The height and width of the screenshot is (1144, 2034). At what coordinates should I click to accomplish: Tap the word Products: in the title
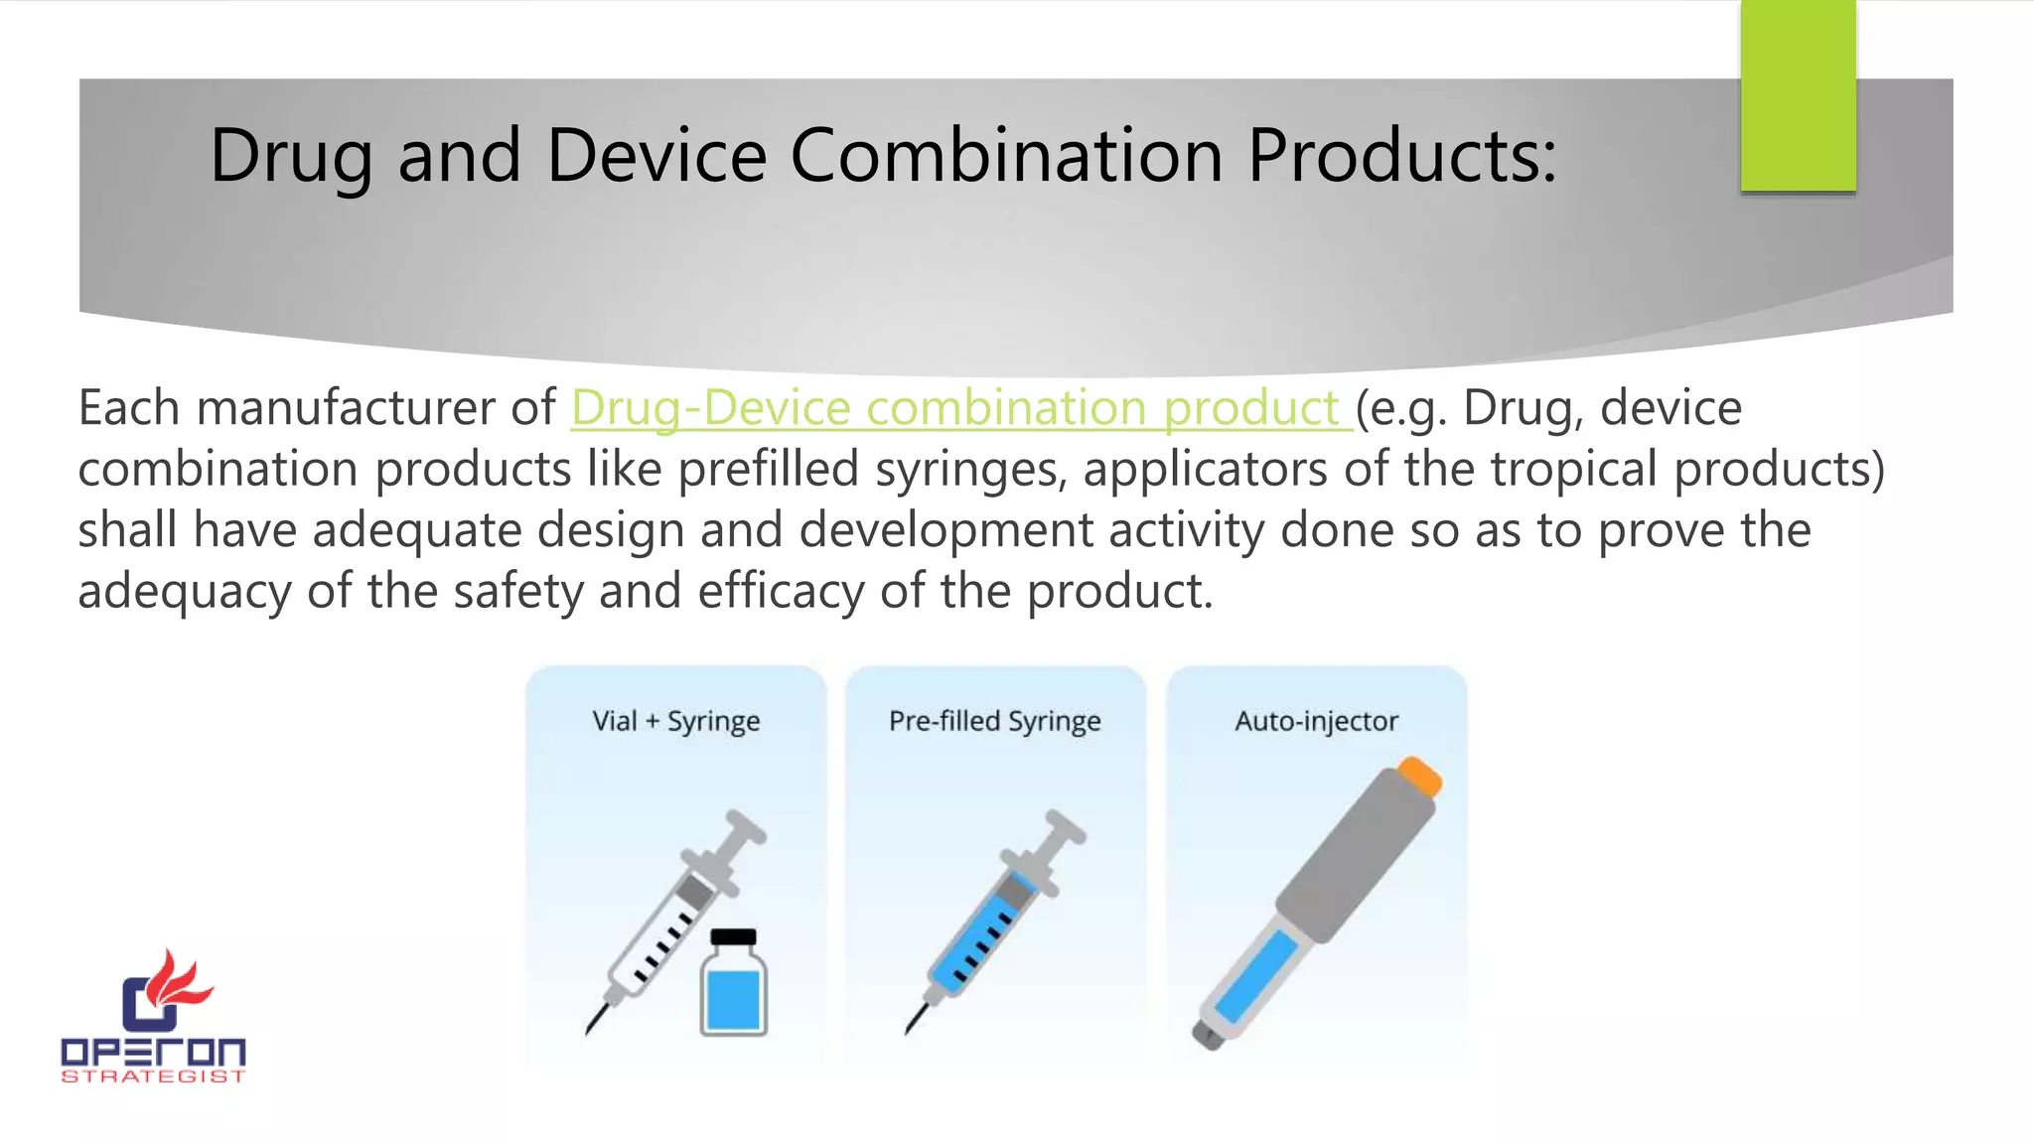click(1401, 156)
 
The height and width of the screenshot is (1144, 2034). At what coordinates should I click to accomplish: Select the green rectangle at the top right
click(1798, 95)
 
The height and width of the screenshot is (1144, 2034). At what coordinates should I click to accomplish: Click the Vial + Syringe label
click(675, 721)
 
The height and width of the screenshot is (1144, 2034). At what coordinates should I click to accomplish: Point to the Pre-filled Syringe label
click(994, 721)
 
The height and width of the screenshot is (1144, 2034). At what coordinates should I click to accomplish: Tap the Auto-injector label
click(1316, 721)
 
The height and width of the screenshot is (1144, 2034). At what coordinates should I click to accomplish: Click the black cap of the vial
click(734, 936)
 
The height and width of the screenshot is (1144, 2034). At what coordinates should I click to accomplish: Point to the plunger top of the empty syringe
click(745, 825)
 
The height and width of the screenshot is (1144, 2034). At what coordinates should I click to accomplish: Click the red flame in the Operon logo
click(179, 978)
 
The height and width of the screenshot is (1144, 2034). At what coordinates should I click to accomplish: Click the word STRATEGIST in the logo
click(153, 1076)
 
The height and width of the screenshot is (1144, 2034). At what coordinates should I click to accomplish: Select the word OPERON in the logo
click(153, 1053)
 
